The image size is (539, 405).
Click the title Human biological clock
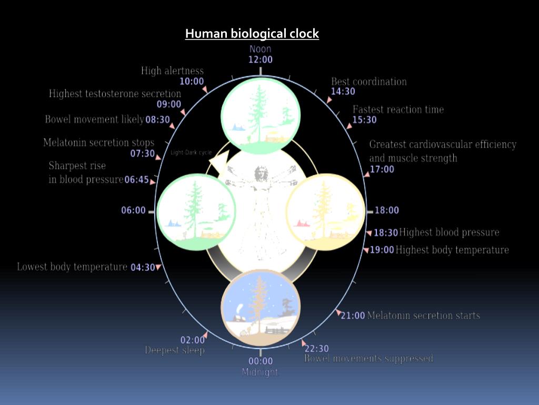click(252, 34)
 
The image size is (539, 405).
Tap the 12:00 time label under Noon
click(261, 60)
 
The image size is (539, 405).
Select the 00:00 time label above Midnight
click(261, 361)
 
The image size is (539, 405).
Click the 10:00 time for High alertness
click(192, 81)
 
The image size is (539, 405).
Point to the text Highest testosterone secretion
click(115, 94)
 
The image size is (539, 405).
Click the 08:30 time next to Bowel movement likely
click(158, 120)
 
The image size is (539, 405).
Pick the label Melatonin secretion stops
click(99, 142)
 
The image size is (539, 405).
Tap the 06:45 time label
click(137, 180)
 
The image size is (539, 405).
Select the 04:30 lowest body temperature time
click(143, 267)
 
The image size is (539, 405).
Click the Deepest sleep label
click(175, 350)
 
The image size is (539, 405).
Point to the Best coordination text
click(369, 82)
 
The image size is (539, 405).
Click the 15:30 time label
click(365, 120)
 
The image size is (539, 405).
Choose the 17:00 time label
click(382, 169)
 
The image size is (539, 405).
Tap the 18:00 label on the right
click(387, 210)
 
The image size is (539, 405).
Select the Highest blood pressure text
click(449, 233)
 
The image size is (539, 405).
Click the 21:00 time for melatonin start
click(353, 316)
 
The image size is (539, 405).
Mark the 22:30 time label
click(317, 349)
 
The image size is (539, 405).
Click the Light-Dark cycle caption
click(191, 153)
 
